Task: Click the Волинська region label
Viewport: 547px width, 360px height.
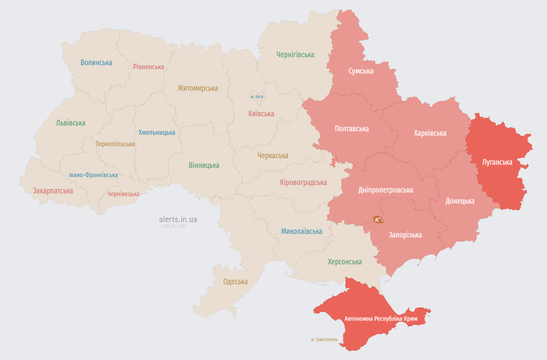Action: point(96,63)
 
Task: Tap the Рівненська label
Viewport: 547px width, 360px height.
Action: point(148,67)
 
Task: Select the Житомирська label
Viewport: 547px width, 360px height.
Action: point(198,88)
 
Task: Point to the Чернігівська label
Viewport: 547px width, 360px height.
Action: point(295,55)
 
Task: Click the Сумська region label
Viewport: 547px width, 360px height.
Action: point(361,71)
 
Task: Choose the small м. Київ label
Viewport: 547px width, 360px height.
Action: point(257,96)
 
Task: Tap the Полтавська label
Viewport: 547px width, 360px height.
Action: point(351,129)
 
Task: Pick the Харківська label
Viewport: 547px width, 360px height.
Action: point(430,133)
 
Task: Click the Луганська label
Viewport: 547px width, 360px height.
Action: point(497,162)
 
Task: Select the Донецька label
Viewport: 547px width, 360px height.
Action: point(460,201)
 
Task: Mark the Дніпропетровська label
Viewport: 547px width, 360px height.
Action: point(385,190)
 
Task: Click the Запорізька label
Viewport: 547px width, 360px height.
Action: point(405,235)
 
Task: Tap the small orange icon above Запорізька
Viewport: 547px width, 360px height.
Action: point(377,219)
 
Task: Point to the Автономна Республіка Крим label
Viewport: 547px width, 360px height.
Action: point(381,318)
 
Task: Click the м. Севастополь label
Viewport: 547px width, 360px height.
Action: point(324,340)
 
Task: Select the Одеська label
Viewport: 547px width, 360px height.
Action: point(235,282)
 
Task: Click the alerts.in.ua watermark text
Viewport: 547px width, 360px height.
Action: point(178,219)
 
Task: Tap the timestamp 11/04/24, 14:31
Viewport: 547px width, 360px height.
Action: point(173,226)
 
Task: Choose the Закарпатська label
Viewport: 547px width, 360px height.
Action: point(53,191)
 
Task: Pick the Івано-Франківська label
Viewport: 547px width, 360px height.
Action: point(93,175)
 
